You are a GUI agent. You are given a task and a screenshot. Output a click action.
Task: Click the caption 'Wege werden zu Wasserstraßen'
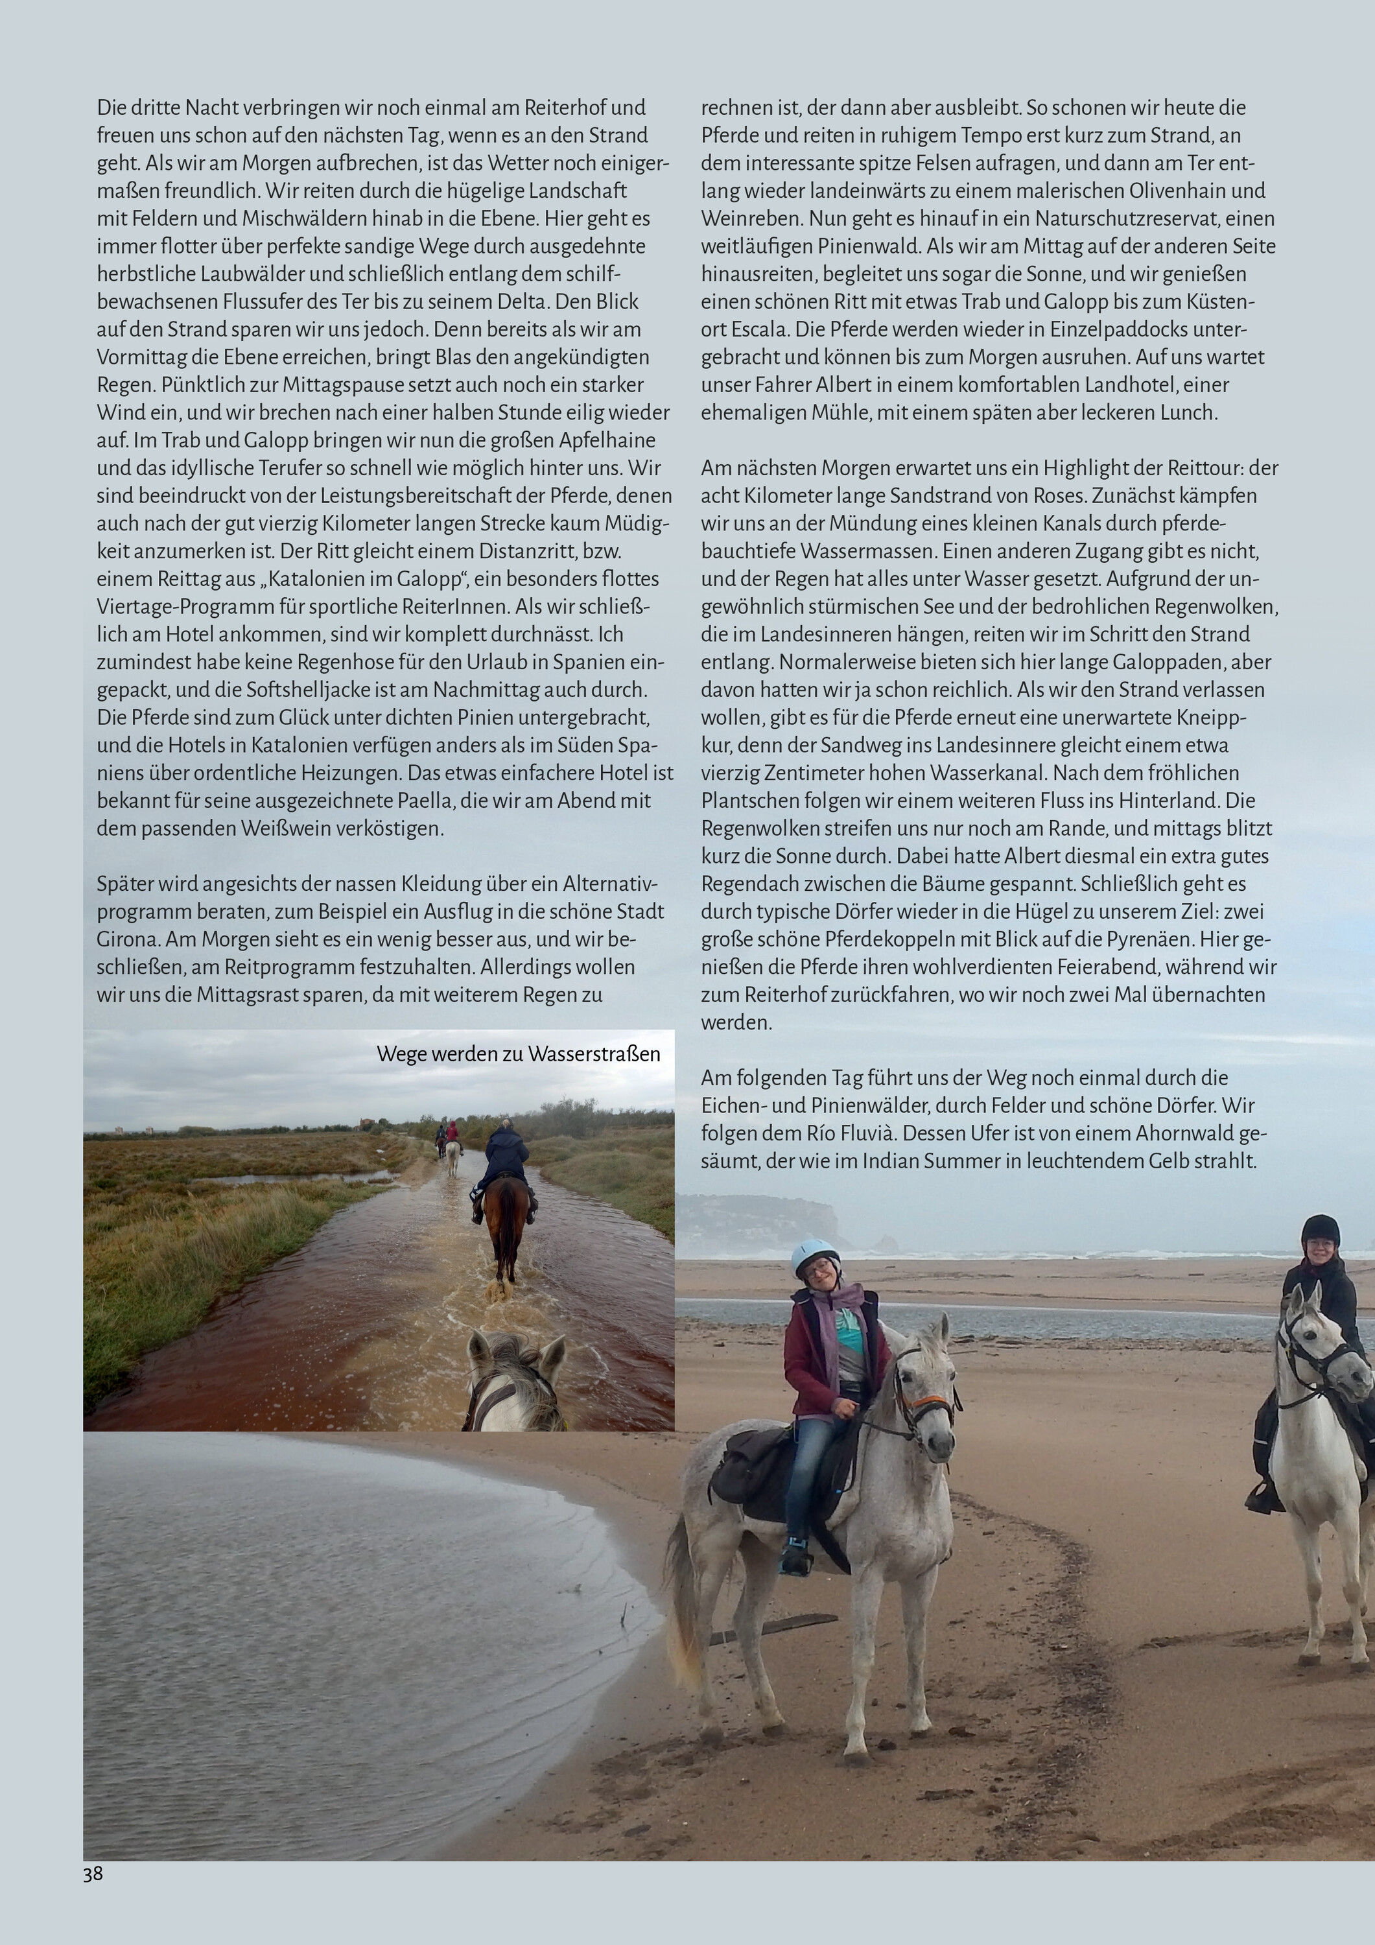pos(519,1054)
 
